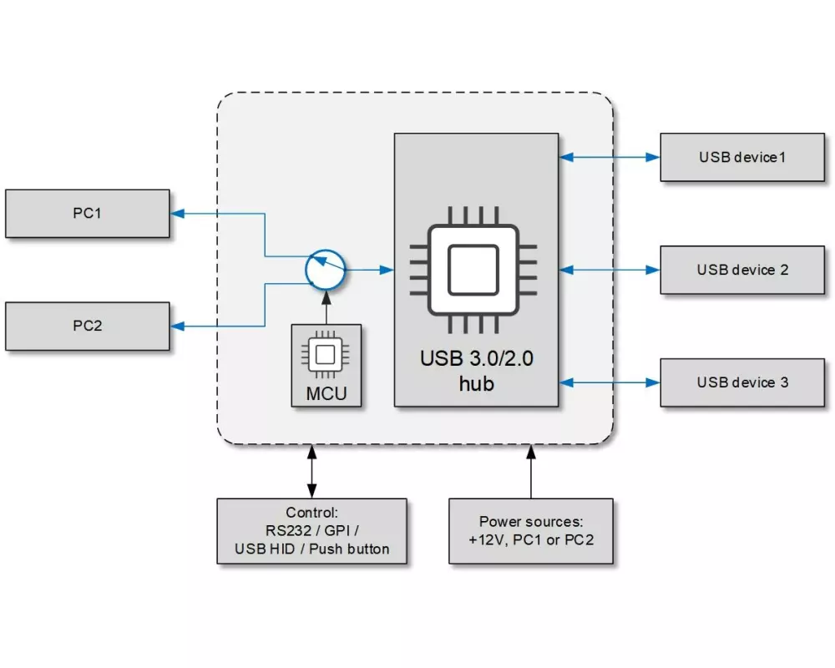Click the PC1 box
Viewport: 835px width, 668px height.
(87, 214)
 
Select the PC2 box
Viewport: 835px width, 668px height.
(87, 326)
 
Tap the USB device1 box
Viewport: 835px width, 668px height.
(742, 157)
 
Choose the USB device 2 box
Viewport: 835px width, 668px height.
(742, 270)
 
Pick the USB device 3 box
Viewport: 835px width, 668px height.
(742, 382)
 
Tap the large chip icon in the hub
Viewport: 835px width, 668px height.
(473, 269)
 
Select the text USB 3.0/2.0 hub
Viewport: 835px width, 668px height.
(476, 371)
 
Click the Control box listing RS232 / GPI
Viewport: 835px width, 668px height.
(311, 531)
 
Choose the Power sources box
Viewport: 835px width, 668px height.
(531, 531)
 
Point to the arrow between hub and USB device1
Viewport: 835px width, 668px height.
(609, 156)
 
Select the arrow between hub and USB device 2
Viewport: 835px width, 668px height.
(609, 269)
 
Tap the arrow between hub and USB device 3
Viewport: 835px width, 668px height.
(609, 382)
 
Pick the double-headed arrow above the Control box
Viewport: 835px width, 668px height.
(311, 472)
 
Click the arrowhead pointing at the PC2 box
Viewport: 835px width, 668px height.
(178, 326)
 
